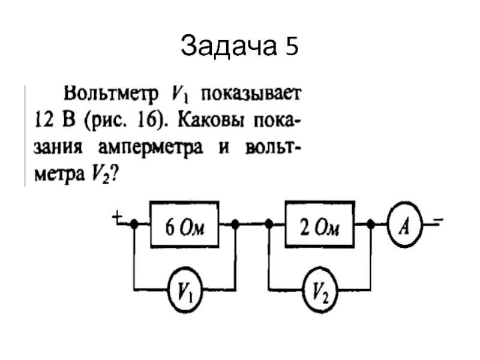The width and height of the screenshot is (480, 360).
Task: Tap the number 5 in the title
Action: tap(292, 47)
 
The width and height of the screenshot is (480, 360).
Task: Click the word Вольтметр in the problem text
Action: tap(111, 94)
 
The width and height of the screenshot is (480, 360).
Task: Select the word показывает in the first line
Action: tap(251, 94)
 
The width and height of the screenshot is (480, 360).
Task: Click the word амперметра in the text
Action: tap(151, 148)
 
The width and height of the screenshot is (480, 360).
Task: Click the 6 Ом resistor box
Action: tap(184, 224)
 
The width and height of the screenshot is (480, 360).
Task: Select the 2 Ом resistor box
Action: tap(320, 224)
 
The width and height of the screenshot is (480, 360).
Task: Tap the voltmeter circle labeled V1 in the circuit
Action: tap(185, 289)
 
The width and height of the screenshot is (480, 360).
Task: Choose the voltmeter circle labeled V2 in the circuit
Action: tap(320, 289)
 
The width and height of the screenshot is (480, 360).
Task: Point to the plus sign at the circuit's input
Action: tap(117, 219)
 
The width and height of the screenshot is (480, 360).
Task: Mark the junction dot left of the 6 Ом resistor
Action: tap(134, 224)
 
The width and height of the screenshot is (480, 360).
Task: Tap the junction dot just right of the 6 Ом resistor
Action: tap(235, 224)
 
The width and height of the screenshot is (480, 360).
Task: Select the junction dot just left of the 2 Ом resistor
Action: tap(269, 224)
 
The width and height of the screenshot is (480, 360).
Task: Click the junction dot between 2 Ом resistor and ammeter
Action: tap(371, 224)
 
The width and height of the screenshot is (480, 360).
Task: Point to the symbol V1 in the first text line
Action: tap(180, 94)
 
